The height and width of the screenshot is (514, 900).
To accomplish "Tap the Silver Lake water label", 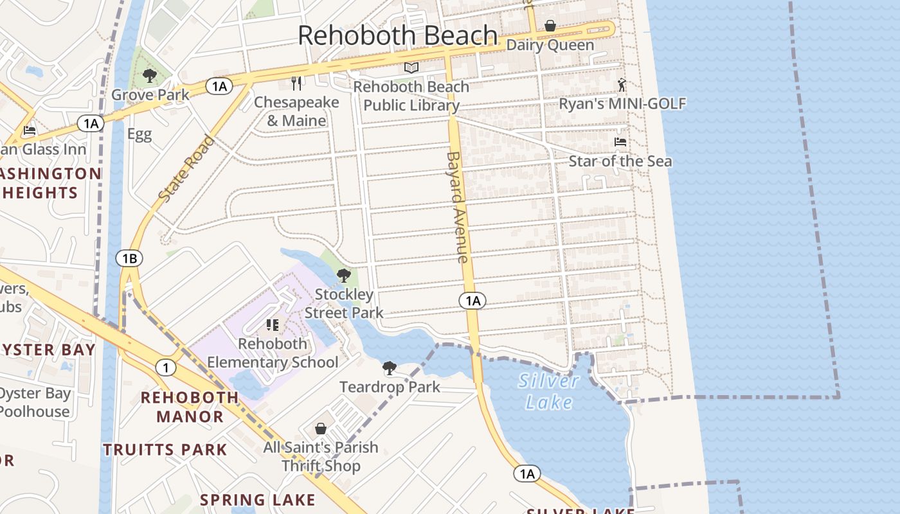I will point(548,391).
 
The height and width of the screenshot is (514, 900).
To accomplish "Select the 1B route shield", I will point(129,258).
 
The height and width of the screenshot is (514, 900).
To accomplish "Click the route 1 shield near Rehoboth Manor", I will point(166,368).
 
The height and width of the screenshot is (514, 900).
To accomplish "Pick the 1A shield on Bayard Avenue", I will point(473,300).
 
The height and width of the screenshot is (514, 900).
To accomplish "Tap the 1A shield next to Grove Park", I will point(219,86).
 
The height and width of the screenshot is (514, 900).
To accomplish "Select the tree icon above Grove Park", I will point(150,76).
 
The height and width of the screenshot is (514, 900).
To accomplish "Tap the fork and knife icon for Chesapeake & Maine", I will point(296,83).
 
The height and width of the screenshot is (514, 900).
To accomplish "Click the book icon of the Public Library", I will point(411,67).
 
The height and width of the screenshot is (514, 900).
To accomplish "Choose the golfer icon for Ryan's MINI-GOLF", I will point(621,85).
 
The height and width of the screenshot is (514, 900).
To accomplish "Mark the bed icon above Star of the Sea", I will point(620,142).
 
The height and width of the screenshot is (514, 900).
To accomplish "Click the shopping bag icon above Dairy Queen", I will point(550,26).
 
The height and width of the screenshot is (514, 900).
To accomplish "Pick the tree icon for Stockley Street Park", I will point(344,276).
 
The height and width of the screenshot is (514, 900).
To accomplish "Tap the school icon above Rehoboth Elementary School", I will point(273,325).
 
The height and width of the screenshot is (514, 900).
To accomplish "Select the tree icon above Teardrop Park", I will point(389,368).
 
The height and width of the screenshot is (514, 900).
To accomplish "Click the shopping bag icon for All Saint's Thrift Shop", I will point(321,429).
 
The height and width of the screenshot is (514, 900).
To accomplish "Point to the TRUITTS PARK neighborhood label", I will point(165,450).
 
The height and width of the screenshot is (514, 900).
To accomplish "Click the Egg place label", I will point(139,134).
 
